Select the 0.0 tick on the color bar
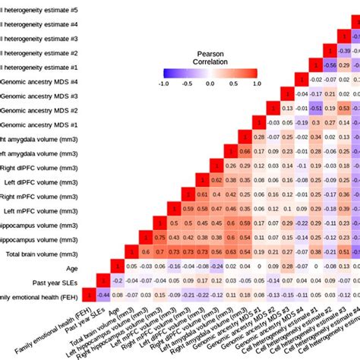[210, 84]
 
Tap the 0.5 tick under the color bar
[232, 84]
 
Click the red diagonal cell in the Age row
[116, 267]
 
